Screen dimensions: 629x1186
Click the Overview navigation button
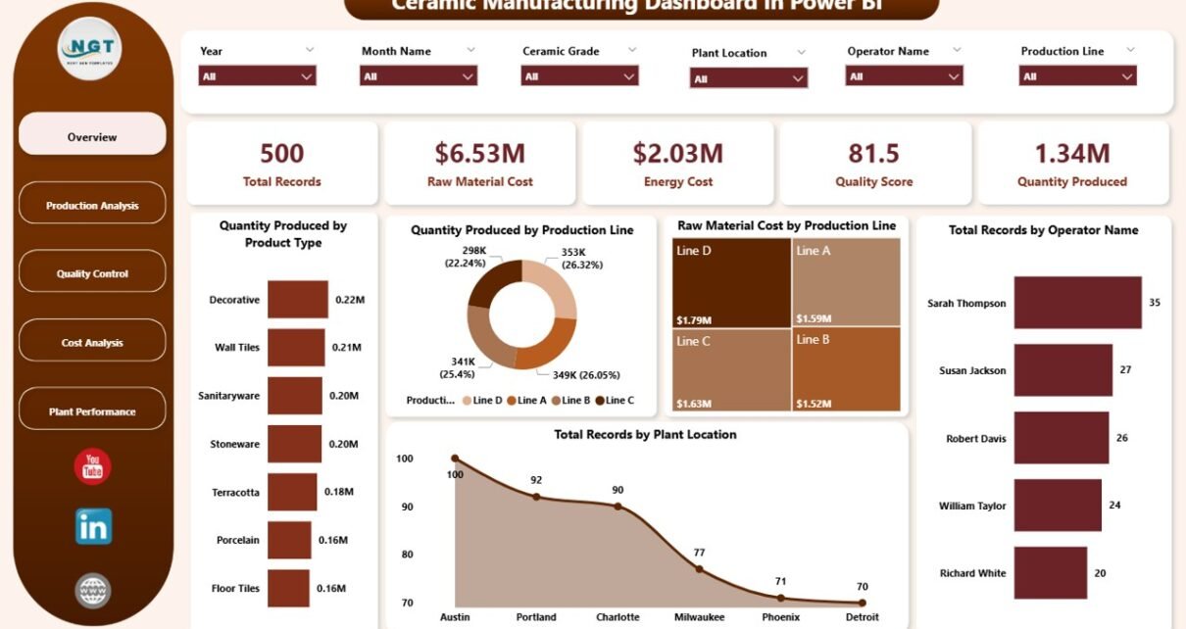coord(92,137)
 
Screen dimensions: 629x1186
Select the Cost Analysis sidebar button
coord(92,343)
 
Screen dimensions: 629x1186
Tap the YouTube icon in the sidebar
coord(93,466)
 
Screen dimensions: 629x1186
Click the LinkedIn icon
coord(93,527)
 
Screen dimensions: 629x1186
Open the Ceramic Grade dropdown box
coord(580,76)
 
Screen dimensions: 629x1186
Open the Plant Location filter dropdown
coord(749,78)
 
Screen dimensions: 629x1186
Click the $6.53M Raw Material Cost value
coord(479,153)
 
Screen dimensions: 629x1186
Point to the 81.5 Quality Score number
coord(873,153)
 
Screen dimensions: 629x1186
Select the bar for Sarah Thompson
coord(1077,303)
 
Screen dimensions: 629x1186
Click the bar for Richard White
coord(1051,573)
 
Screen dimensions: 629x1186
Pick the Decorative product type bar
coord(298,300)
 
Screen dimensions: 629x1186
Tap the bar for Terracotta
coord(291,492)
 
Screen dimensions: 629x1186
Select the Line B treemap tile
coord(846,368)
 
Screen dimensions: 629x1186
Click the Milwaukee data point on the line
coord(699,568)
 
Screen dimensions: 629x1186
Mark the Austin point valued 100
coord(455,458)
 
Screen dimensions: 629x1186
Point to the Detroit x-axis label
coord(862,617)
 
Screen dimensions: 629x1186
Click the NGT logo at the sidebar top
coord(89,48)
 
